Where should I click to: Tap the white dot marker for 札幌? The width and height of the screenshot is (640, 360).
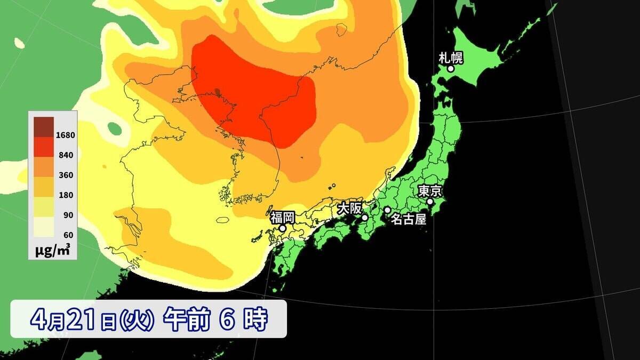click(451, 68)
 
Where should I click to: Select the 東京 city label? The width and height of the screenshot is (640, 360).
click(429, 190)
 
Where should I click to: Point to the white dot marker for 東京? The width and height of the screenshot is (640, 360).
click(430, 202)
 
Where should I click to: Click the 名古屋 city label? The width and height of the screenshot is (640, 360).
click(409, 219)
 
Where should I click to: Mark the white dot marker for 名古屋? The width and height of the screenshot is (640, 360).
click(387, 210)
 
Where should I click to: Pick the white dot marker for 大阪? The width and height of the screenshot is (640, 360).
click(365, 218)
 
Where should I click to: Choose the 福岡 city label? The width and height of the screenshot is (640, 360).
click(282, 217)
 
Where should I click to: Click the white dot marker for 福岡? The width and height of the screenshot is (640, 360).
click(283, 228)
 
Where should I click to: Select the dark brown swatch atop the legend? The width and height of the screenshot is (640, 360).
click(44, 125)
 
